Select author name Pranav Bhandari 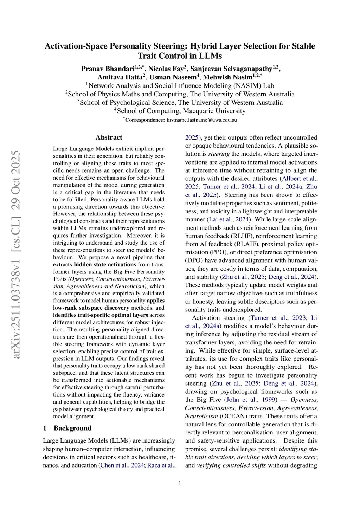click(x=108, y=69)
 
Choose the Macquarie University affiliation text click(x=181, y=111)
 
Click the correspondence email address click(x=201, y=120)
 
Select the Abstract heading click(x=109, y=137)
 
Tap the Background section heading click(x=72, y=428)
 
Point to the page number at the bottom click(x=180, y=483)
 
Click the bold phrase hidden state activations click(x=105, y=264)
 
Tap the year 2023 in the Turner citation click(x=299, y=318)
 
